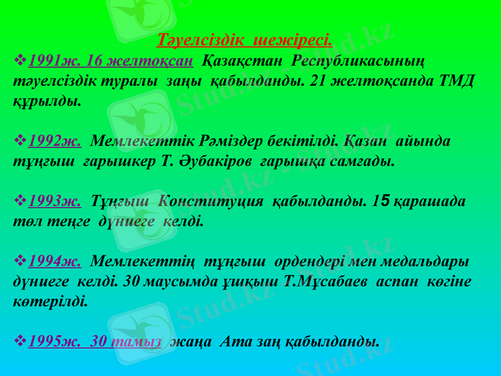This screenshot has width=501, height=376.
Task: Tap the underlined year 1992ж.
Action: [x=54, y=140]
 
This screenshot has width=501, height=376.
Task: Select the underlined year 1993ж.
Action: [x=54, y=201]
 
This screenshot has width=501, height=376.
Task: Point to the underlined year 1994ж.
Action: [x=54, y=261]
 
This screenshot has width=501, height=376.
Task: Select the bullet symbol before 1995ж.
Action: [x=19, y=342]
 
